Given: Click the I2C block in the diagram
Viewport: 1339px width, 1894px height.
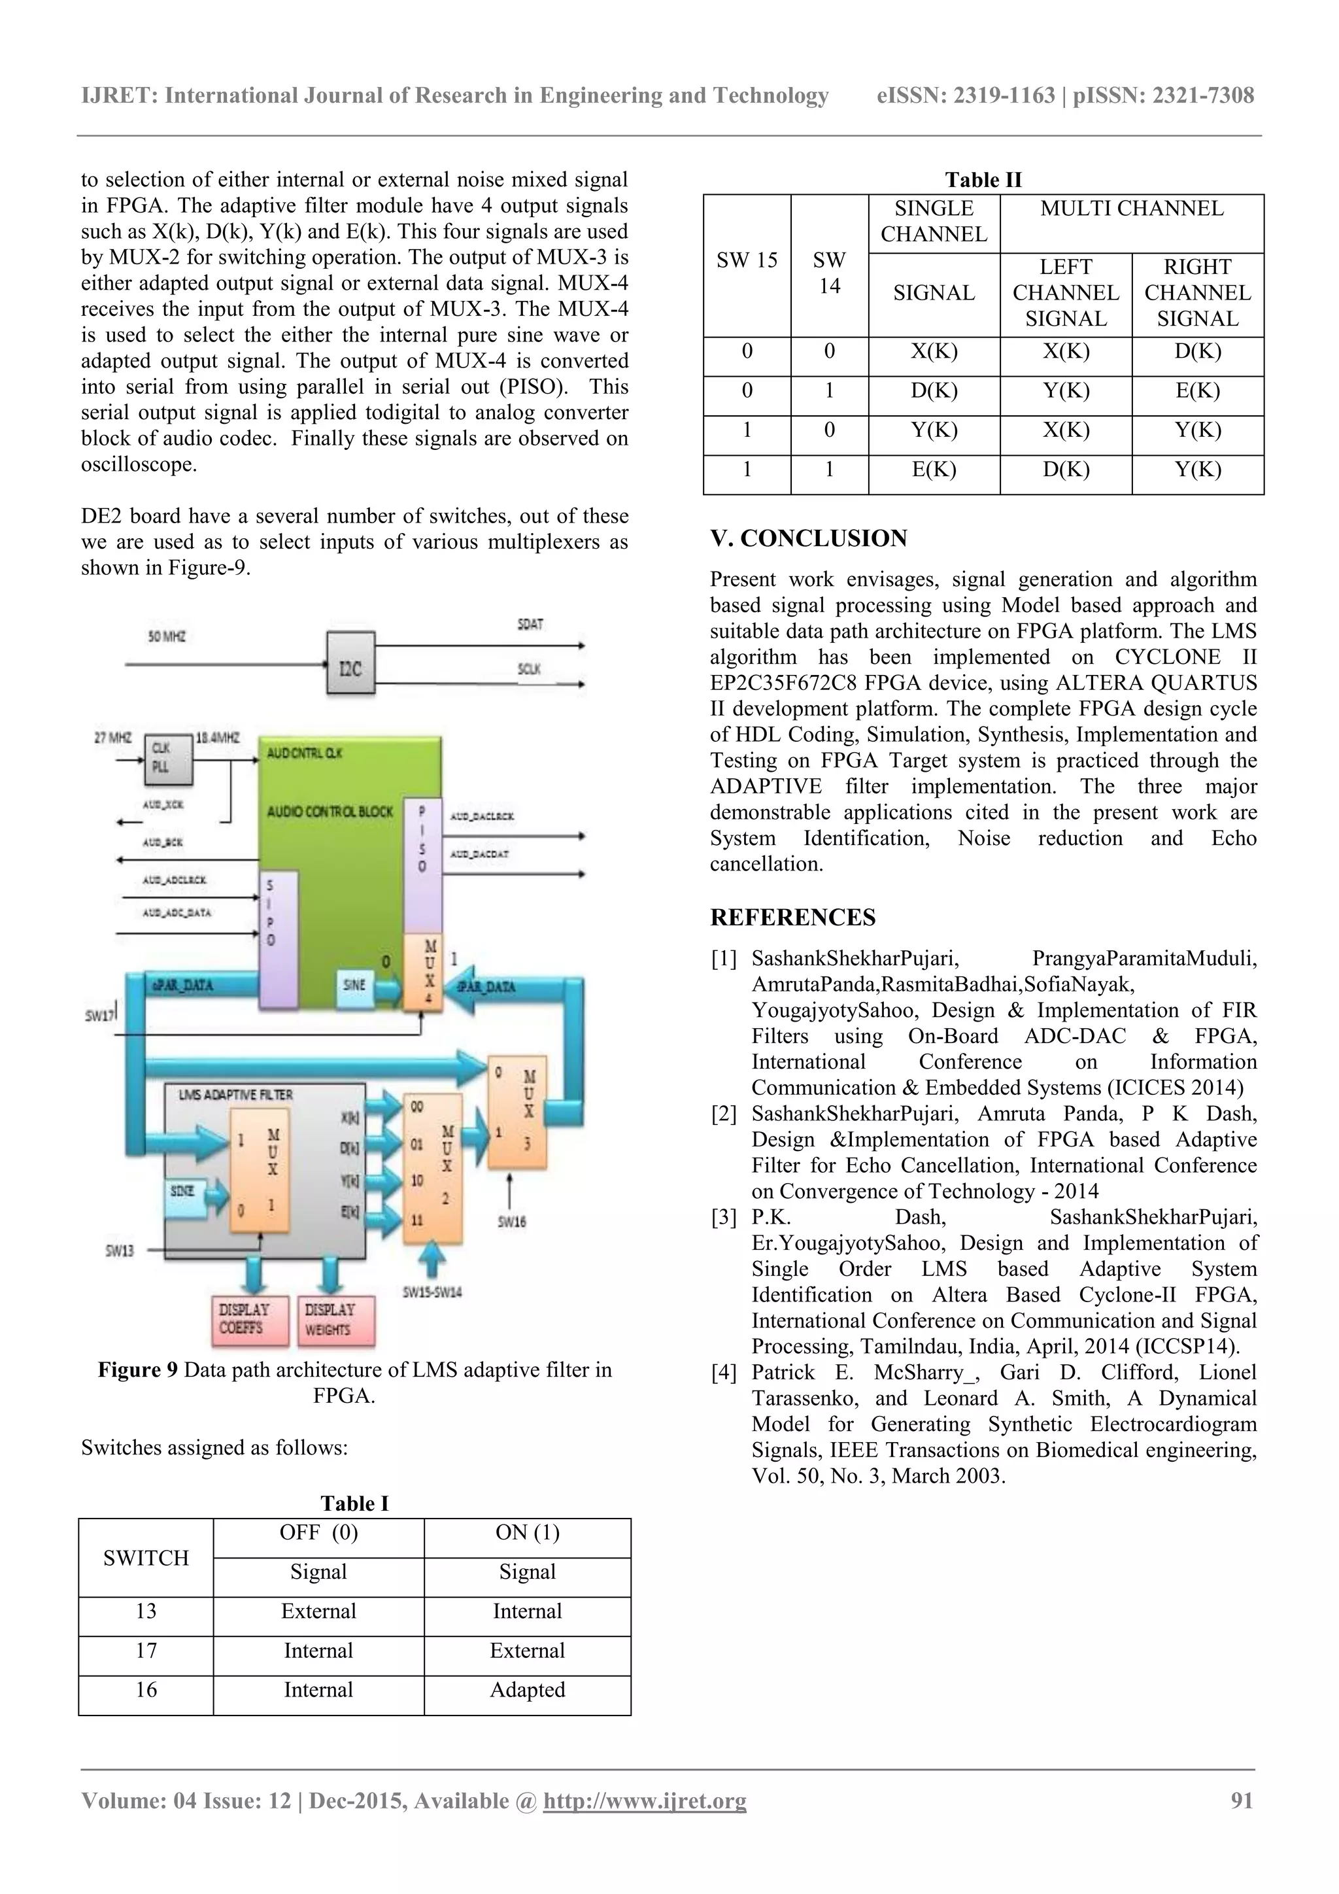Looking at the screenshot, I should click(x=350, y=666).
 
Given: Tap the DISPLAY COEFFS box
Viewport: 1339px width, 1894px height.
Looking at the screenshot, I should click(x=246, y=1319).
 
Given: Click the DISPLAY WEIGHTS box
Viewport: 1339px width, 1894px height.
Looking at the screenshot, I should click(x=333, y=1319).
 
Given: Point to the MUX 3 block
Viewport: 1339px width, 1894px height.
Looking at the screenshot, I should click(x=517, y=1112).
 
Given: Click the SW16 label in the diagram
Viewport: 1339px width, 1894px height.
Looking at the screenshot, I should click(x=512, y=1222).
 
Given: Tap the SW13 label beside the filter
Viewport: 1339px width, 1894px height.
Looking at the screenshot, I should click(x=120, y=1250).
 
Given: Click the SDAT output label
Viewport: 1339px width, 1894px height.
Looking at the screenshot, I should click(x=530, y=625).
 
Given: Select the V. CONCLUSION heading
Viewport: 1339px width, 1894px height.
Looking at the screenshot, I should click(x=808, y=539).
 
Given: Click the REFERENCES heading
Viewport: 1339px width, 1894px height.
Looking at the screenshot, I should click(x=792, y=918).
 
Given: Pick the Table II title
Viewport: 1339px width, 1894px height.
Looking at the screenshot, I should click(x=983, y=180).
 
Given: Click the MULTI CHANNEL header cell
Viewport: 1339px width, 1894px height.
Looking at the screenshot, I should click(x=1131, y=209).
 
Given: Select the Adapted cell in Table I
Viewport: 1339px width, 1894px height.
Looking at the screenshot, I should click(x=528, y=1689).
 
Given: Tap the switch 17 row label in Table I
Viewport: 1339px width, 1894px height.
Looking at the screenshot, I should click(x=146, y=1650).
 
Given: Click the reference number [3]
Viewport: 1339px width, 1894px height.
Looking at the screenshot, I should click(x=723, y=1216).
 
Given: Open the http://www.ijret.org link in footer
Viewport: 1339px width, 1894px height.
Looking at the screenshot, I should click(x=644, y=1800).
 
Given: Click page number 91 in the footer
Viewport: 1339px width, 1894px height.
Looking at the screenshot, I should click(x=1241, y=1800).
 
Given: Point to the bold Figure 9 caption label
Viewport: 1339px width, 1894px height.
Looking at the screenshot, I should click(x=138, y=1370).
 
